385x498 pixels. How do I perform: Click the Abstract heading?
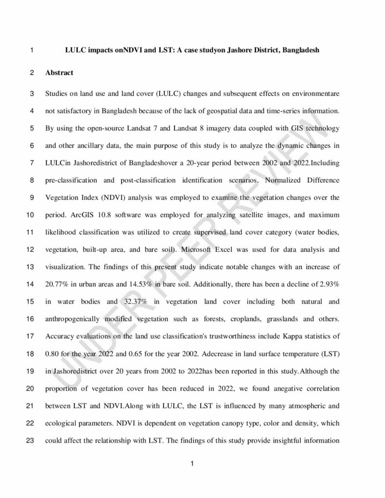click(59, 73)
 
